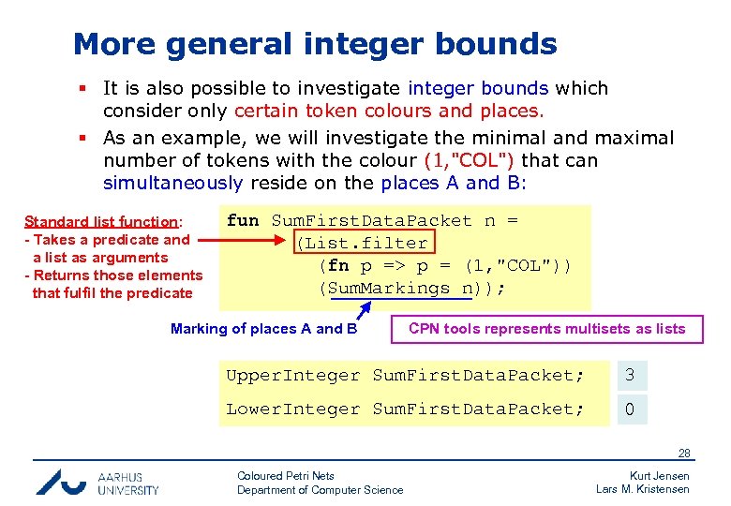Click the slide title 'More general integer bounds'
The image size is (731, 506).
pyautogui.click(x=315, y=44)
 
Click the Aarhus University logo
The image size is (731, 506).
pyautogui.click(x=97, y=482)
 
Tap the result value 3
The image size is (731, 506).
pyautogui.click(x=631, y=376)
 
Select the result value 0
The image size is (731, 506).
pyautogui.click(x=631, y=409)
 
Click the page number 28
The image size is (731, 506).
pyautogui.click(x=685, y=454)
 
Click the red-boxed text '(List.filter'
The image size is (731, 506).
pyautogui.click(x=362, y=244)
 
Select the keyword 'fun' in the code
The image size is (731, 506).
pyautogui.click(x=243, y=221)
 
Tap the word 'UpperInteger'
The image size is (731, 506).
pyautogui.click(x=292, y=376)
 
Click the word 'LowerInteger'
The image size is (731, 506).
pyautogui.click(x=292, y=409)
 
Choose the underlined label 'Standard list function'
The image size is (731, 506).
pyautogui.click(x=101, y=222)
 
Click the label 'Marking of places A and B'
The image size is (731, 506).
pyautogui.click(x=263, y=329)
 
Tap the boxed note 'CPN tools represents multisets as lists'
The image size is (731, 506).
pyautogui.click(x=546, y=329)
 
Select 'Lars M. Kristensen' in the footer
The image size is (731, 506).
pyautogui.click(x=643, y=489)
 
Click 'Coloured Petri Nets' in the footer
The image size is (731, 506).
pyautogui.click(x=286, y=476)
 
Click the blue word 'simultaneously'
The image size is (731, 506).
pyautogui.click(x=172, y=183)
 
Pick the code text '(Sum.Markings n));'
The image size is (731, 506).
pyautogui.click(x=412, y=289)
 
